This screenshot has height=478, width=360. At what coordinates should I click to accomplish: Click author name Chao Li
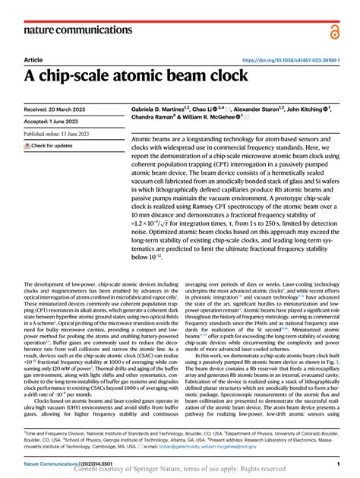[x=209, y=109]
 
